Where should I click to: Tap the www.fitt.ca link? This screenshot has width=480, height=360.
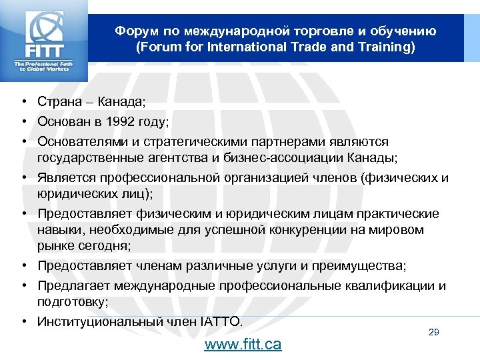[x=243, y=344]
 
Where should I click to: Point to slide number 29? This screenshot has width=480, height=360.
[x=433, y=332]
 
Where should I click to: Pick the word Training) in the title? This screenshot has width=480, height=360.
[x=384, y=47]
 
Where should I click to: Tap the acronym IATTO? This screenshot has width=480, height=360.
[x=221, y=321]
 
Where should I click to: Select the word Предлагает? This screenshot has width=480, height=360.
[x=73, y=286]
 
